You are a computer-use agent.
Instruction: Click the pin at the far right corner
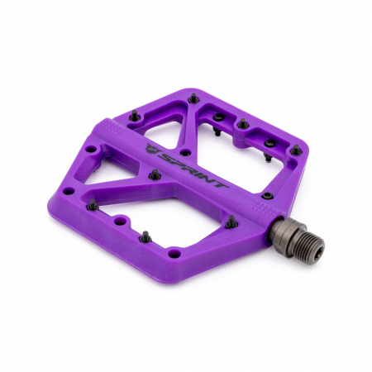coord(296,150)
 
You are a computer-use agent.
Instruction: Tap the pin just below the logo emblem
coord(154,174)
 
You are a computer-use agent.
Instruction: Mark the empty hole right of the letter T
coord(266,195)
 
